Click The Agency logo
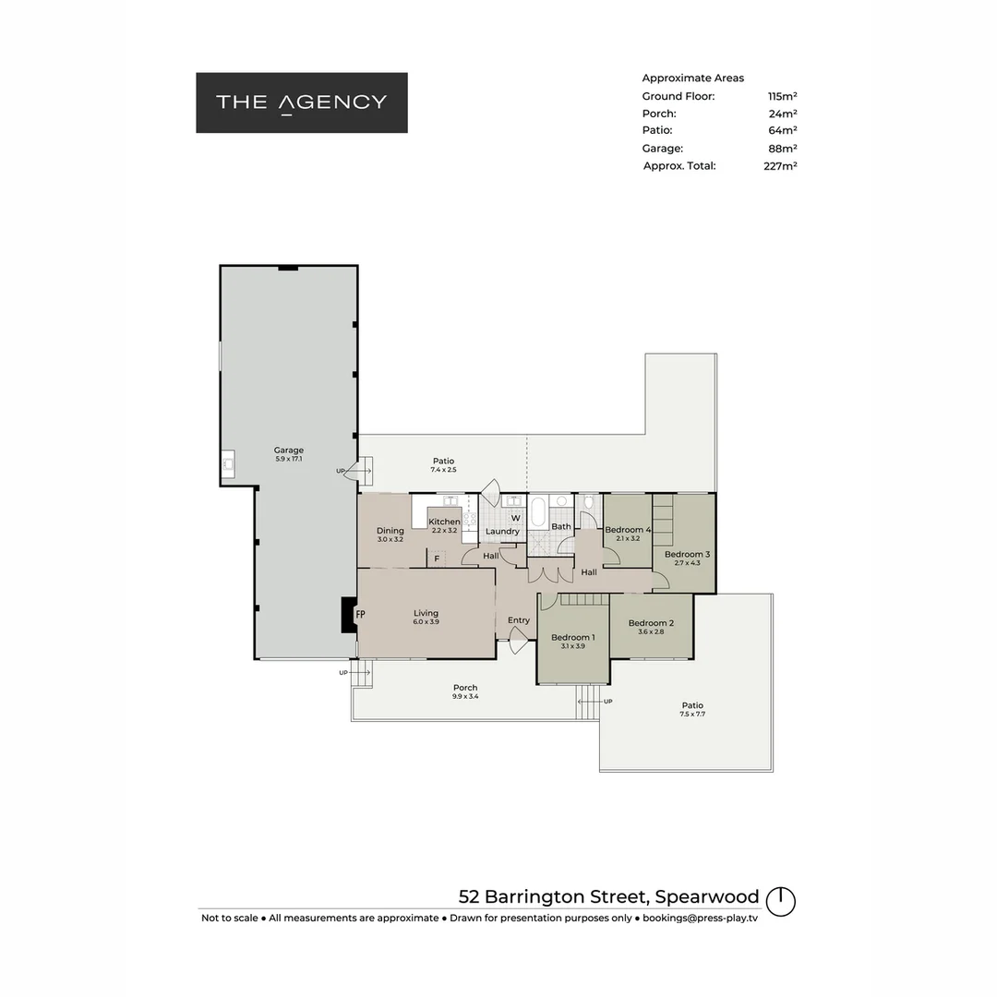[x=301, y=102]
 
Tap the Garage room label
[x=288, y=450]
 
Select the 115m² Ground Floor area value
[x=782, y=96]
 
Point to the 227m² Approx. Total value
[x=780, y=166]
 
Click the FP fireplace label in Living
[x=361, y=614]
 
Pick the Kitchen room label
[x=444, y=522]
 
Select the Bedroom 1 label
[x=572, y=637]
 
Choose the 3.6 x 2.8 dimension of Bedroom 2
[x=651, y=631]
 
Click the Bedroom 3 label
[x=687, y=554]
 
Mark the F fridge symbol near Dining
[x=437, y=559]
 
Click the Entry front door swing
[x=518, y=639]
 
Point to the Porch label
[x=465, y=687]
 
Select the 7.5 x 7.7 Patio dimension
[x=692, y=714]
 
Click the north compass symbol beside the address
[x=781, y=901]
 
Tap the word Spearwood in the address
[x=709, y=896]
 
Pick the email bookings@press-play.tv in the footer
[x=700, y=918]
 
